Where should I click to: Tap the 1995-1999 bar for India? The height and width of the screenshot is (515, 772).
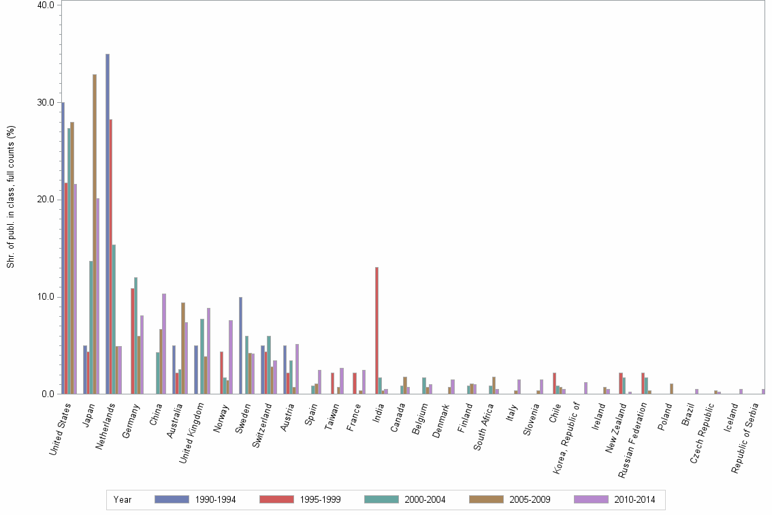pyautogui.click(x=376, y=330)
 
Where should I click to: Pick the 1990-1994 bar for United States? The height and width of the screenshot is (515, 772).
pyautogui.click(x=63, y=248)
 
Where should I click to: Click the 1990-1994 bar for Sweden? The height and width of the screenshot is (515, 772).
pyautogui.click(x=241, y=345)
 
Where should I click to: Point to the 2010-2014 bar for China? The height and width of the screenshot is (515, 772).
pyautogui.click(x=164, y=343)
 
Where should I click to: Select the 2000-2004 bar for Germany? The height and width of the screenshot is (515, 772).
pyautogui.click(x=136, y=335)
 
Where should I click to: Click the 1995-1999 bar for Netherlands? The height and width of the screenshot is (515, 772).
pyautogui.click(x=111, y=256)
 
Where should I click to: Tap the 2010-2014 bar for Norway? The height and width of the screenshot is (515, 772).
pyautogui.click(x=231, y=357)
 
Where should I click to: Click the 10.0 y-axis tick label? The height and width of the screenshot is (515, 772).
pyautogui.click(x=46, y=297)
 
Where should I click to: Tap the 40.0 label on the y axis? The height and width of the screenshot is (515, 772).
pyautogui.click(x=46, y=5)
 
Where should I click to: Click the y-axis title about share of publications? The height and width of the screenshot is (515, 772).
pyautogui.click(x=10, y=198)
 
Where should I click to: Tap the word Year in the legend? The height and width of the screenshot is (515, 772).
pyautogui.click(x=123, y=499)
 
